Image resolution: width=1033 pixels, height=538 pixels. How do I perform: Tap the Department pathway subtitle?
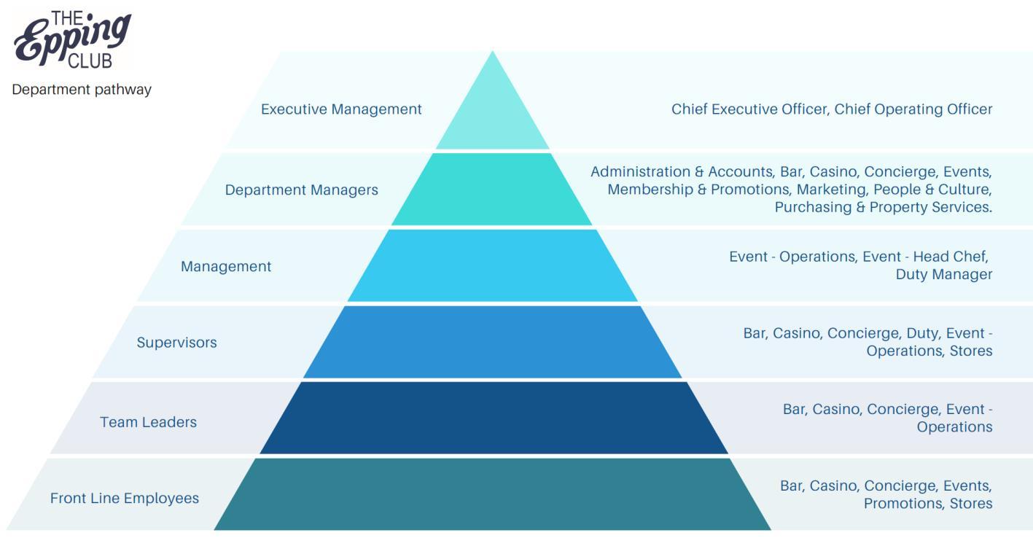82,90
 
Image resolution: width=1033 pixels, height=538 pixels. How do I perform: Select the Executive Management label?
341,109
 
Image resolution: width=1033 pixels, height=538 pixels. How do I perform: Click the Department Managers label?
301,190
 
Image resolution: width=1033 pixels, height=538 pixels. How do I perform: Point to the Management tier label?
226,267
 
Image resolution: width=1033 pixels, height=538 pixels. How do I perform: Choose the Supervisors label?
176,343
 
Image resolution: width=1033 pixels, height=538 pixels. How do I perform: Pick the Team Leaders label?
148,422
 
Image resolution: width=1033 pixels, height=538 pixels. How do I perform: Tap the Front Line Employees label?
125,499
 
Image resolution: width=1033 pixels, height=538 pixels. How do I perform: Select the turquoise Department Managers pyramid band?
492,190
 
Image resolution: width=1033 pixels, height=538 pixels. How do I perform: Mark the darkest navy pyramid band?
494,418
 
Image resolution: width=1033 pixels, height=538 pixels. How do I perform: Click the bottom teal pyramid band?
493,494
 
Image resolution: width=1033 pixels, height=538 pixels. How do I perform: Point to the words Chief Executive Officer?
749,109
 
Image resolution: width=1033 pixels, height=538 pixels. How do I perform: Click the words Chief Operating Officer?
913,109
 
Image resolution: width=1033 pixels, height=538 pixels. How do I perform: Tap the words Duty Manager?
944,275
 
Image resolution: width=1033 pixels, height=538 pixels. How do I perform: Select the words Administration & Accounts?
681,172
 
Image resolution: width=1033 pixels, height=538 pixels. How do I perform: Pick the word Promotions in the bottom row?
903,504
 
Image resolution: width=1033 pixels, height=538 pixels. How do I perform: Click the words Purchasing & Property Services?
883,207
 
